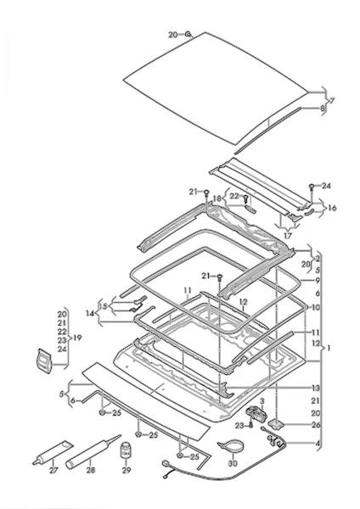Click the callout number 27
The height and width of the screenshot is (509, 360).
click(x=53, y=470)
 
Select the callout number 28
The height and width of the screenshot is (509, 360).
click(x=91, y=470)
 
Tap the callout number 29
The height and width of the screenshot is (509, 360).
click(x=127, y=470)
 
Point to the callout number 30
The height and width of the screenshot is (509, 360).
click(x=233, y=463)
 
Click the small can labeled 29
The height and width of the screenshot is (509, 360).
click(x=126, y=450)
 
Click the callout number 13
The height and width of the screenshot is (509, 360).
click(x=316, y=388)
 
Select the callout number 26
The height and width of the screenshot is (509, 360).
click(x=316, y=425)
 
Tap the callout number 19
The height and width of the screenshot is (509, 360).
click(x=77, y=338)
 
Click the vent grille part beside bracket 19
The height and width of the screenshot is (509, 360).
click(x=44, y=361)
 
